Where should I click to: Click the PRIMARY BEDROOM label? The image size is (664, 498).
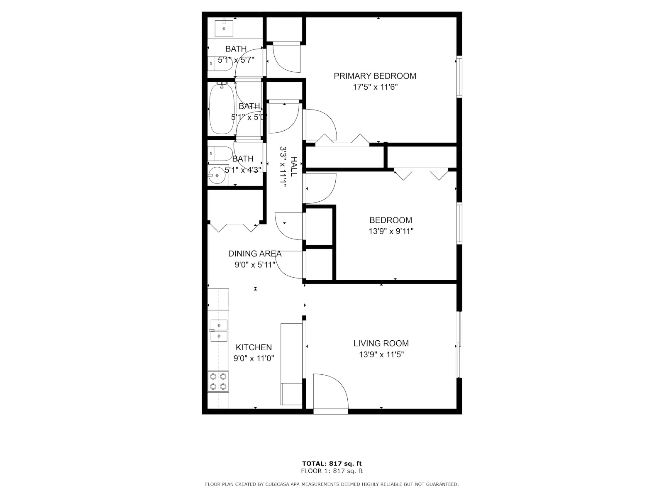click(x=375, y=76)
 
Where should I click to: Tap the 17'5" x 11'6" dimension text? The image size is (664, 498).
click(x=375, y=87)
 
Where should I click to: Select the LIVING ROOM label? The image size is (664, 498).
click(x=381, y=343)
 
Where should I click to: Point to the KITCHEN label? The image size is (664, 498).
click(x=254, y=347)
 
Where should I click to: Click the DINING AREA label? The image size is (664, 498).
click(x=255, y=254)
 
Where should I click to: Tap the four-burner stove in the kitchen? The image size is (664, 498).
click(x=218, y=381)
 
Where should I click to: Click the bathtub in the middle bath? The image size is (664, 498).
click(x=222, y=108)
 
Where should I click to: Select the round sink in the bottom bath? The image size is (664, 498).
click(x=217, y=176)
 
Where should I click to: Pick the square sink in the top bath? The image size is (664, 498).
click(x=224, y=28)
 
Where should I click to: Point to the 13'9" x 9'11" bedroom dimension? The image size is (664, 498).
click(x=391, y=231)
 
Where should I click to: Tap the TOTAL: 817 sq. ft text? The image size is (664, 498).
click(x=332, y=464)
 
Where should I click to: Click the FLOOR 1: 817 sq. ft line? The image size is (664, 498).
click(x=332, y=471)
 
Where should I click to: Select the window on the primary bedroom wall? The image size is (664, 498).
click(x=459, y=76)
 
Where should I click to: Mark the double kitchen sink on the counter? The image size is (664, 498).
click(x=219, y=330)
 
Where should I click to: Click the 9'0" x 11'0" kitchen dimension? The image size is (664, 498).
click(x=254, y=358)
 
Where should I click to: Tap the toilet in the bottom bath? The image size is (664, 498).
click(x=220, y=154)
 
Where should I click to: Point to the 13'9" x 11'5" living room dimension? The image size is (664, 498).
click(x=381, y=354)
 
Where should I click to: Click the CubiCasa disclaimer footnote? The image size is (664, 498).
click(x=332, y=484)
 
